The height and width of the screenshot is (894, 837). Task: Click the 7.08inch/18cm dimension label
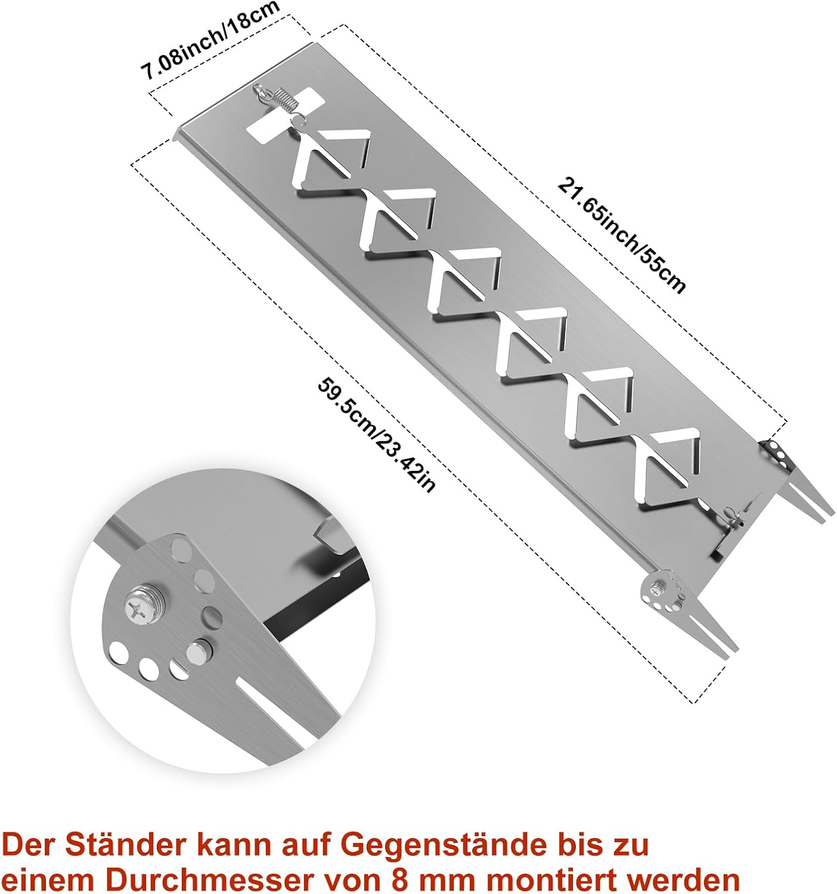point(211,41)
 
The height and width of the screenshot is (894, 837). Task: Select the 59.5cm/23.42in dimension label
point(377,436)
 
